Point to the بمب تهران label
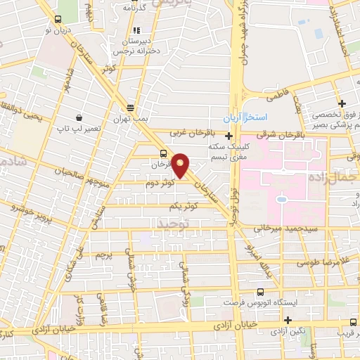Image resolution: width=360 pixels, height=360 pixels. (x=131, y=120)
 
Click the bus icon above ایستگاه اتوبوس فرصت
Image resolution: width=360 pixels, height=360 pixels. (x=262, y=291)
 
